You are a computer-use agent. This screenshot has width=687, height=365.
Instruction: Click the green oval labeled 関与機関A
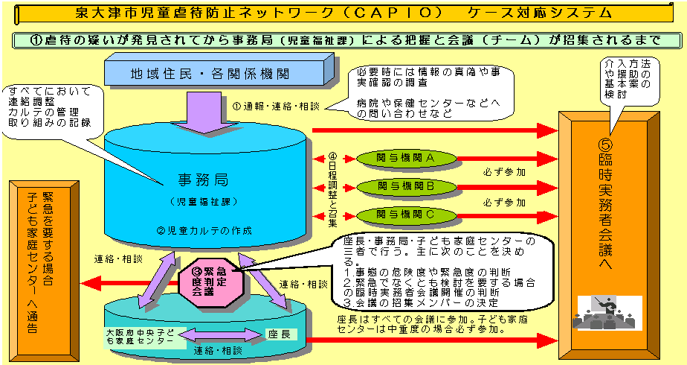pyautogui.click(x=405, y=158)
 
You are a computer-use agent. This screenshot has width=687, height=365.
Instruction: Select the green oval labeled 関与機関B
pyautogui.click(x=405, y=186)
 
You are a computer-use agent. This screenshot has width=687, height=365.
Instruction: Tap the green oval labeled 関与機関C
pyautogui.click(x=405, y=215)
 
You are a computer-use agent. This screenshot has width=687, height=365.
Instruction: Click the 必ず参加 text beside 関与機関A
pyautogui.click(x=505, y=172)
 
